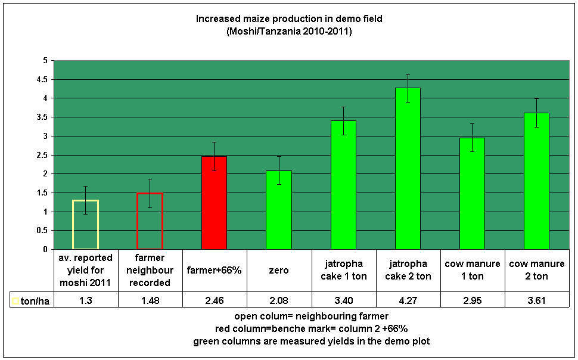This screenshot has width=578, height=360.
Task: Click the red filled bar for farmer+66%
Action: click(214, 203)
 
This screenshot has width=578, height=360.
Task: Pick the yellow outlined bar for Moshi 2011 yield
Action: click(85, 224)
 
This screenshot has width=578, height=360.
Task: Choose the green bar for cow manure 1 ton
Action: click(472, 194)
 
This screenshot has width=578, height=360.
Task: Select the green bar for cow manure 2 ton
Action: click(536, 181)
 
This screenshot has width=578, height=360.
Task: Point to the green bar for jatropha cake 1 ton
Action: click(343, 185)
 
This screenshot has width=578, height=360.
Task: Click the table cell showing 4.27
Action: click(408, 302)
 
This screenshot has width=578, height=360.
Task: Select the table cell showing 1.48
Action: click(150, 302)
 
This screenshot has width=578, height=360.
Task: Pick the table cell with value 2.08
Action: click(278, 302)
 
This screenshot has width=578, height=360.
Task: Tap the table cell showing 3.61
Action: click(536, 302)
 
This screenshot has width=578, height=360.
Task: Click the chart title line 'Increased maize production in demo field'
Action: click(289, 19)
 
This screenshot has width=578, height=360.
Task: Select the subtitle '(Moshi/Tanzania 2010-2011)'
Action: click(289, 31)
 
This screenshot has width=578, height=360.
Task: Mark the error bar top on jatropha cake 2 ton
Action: click(408, 75)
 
